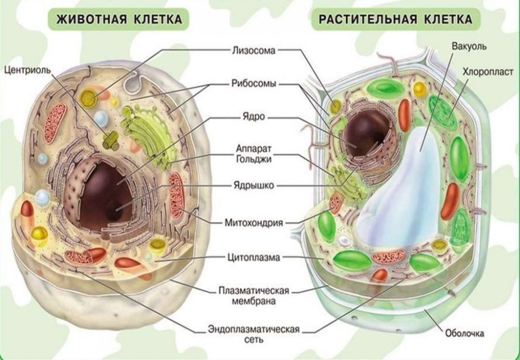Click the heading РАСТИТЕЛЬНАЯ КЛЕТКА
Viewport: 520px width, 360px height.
(396, 20)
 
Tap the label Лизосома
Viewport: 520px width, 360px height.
(253, 50)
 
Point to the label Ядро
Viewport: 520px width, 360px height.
(254, 117)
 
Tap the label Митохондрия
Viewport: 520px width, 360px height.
(254, 223)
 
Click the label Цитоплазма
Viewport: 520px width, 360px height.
(254, 257)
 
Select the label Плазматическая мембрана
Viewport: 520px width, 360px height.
(254, 295)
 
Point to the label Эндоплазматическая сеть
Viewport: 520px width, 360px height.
(253, 335)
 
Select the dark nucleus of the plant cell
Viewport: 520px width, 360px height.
(367, 133)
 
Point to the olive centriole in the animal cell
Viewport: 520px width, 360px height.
(111, 140)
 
